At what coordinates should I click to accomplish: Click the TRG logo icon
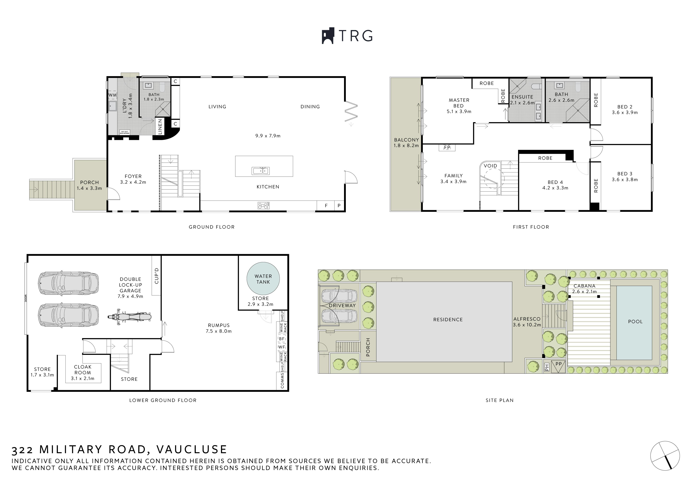[x=328, y=36]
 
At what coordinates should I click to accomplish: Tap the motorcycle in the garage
[x=130, y=317]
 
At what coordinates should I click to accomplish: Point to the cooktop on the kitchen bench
[x=263, y=206]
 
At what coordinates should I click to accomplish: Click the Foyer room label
[x=133, y=176]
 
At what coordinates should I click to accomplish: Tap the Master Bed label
[x=459, y=103]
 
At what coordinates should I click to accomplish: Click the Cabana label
[x=584, y=286]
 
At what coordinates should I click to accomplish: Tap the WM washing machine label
[x=112, y=95]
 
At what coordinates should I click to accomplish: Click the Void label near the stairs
[x=490, y=166]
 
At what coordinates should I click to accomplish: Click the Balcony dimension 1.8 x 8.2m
[x=406, y=145]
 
